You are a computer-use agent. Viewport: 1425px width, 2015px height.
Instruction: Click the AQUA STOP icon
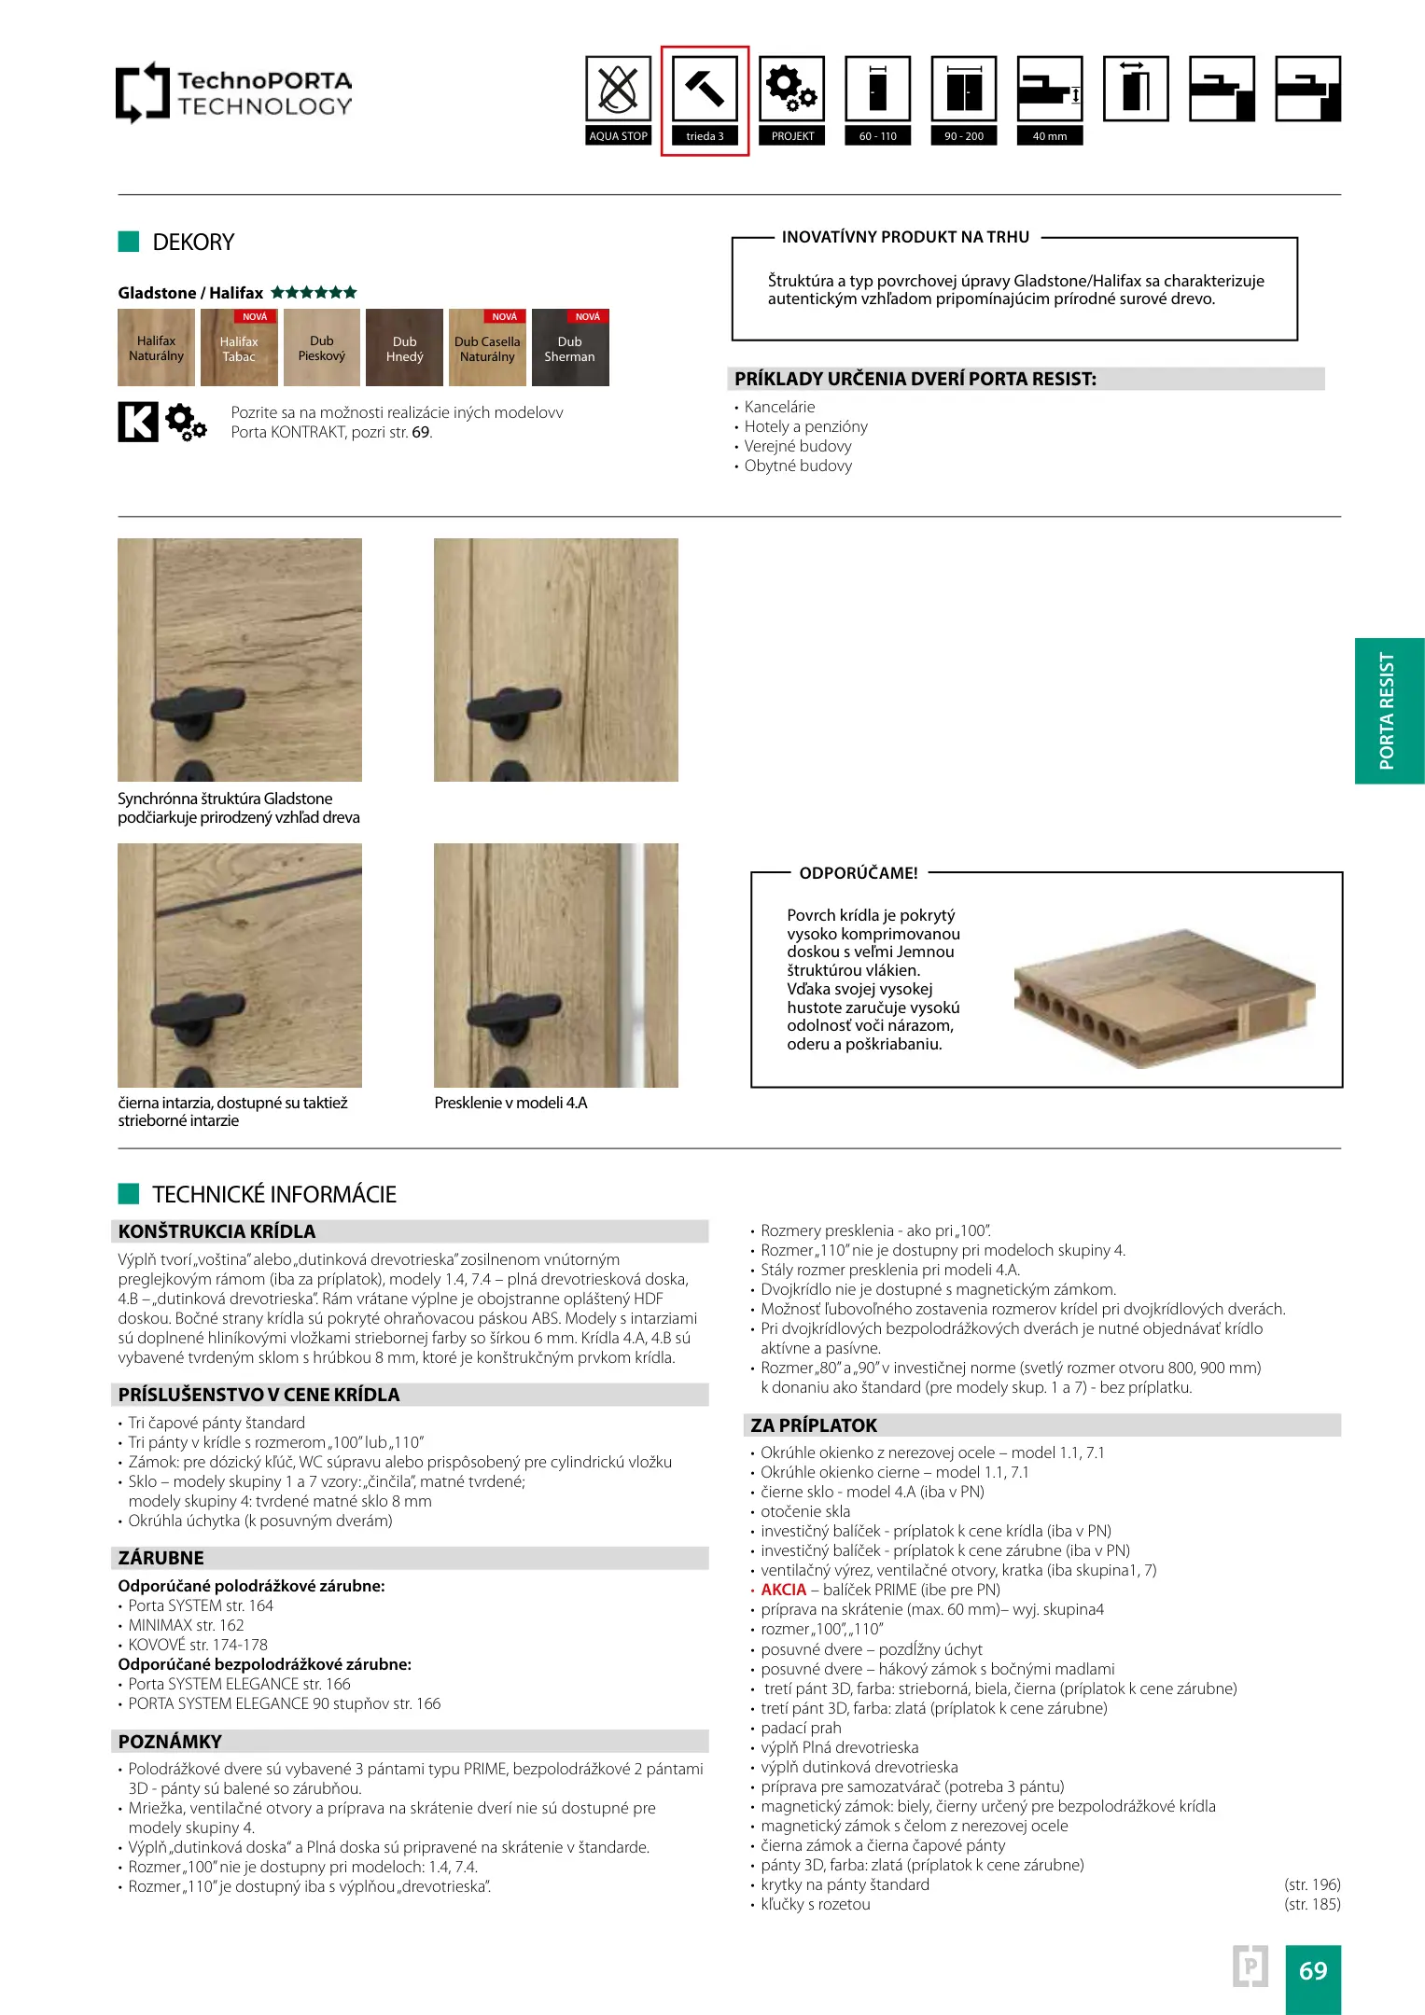[x=618, y=90]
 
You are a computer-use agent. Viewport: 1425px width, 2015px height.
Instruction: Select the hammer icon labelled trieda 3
[x=705, y=90]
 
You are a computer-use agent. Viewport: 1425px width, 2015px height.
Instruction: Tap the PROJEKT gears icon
[x=791, y=90]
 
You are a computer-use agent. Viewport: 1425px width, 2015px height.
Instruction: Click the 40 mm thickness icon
[x=1050, y=90]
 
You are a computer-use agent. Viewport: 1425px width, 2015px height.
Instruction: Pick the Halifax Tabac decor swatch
[x=239, y=348]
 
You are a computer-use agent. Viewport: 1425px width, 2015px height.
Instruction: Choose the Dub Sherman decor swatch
[x=570, y=348]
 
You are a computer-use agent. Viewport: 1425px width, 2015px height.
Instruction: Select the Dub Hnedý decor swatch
[x=404, y=348]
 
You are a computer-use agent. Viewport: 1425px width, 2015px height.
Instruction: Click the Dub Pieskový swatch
[x=322, y=348]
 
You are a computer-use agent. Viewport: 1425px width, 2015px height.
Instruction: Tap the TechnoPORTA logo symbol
[x=142, y=92]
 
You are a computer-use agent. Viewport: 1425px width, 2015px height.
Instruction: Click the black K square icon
[x=138, y=422]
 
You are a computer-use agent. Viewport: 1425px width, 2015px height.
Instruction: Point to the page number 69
[x=1312, y=1971]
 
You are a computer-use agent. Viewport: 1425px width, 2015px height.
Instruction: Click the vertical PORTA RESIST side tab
[x=1389, y=711]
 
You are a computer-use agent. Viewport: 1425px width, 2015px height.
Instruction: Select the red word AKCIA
[x=783, y=1590]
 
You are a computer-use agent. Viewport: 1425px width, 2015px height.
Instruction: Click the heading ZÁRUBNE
[x=161, y=1558]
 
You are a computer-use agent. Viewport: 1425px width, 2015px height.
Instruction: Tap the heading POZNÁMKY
[x=170, y=1742]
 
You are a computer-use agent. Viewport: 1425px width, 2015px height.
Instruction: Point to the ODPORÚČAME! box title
[x=859, y=873]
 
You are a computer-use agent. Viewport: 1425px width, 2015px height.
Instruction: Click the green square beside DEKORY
[x=129, y=242]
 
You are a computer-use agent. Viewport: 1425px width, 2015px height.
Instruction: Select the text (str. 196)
[x=1311, y=1884]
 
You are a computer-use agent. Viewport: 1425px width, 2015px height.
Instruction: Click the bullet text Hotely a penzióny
[x=805, y=426]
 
